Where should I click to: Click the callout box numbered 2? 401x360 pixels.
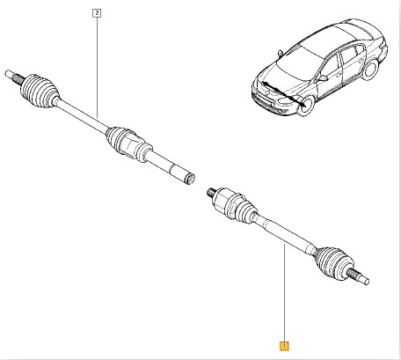pos(97,13)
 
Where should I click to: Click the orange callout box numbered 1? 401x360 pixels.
pos(284,346)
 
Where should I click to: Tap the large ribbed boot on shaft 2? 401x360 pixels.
pos(39,90)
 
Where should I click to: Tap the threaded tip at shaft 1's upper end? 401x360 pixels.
pos(211,193)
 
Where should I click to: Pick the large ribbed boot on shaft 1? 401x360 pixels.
pos(332,262)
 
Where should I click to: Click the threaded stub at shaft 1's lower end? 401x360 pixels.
pos(359,276)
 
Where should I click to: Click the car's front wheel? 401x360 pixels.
pos(307,106)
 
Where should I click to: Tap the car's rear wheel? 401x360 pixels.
pos(370,70)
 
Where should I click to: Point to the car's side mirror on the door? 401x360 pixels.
pos(323,78)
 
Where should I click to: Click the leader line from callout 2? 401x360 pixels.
pos(97,68)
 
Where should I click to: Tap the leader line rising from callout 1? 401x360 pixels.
pos(284,293)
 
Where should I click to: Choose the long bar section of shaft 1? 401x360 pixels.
pos(286,235)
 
